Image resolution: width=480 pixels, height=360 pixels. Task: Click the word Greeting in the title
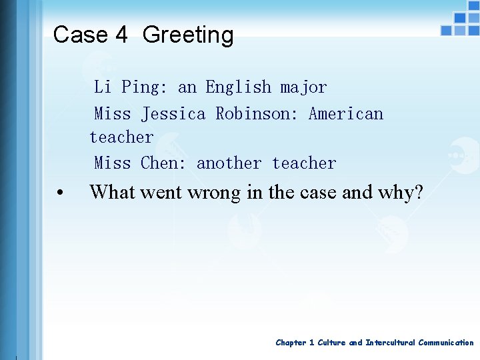[x=188, y=35]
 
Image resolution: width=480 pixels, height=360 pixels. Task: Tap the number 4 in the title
[x=120, y=35]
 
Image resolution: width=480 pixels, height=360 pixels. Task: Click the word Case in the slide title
[x=80, y=35]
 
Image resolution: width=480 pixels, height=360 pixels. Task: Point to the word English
[x=238, y=87]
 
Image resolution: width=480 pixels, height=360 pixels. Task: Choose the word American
[x=346, y=113]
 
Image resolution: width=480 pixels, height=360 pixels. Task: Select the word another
[x=229, y=163]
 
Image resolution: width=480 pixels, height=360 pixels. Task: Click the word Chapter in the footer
[x=291, y=343]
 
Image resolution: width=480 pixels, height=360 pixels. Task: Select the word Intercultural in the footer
[x=389, y=343]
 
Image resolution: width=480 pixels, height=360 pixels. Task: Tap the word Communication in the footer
[x=446, y=343]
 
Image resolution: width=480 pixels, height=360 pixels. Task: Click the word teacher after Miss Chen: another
[x=304, y=163]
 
